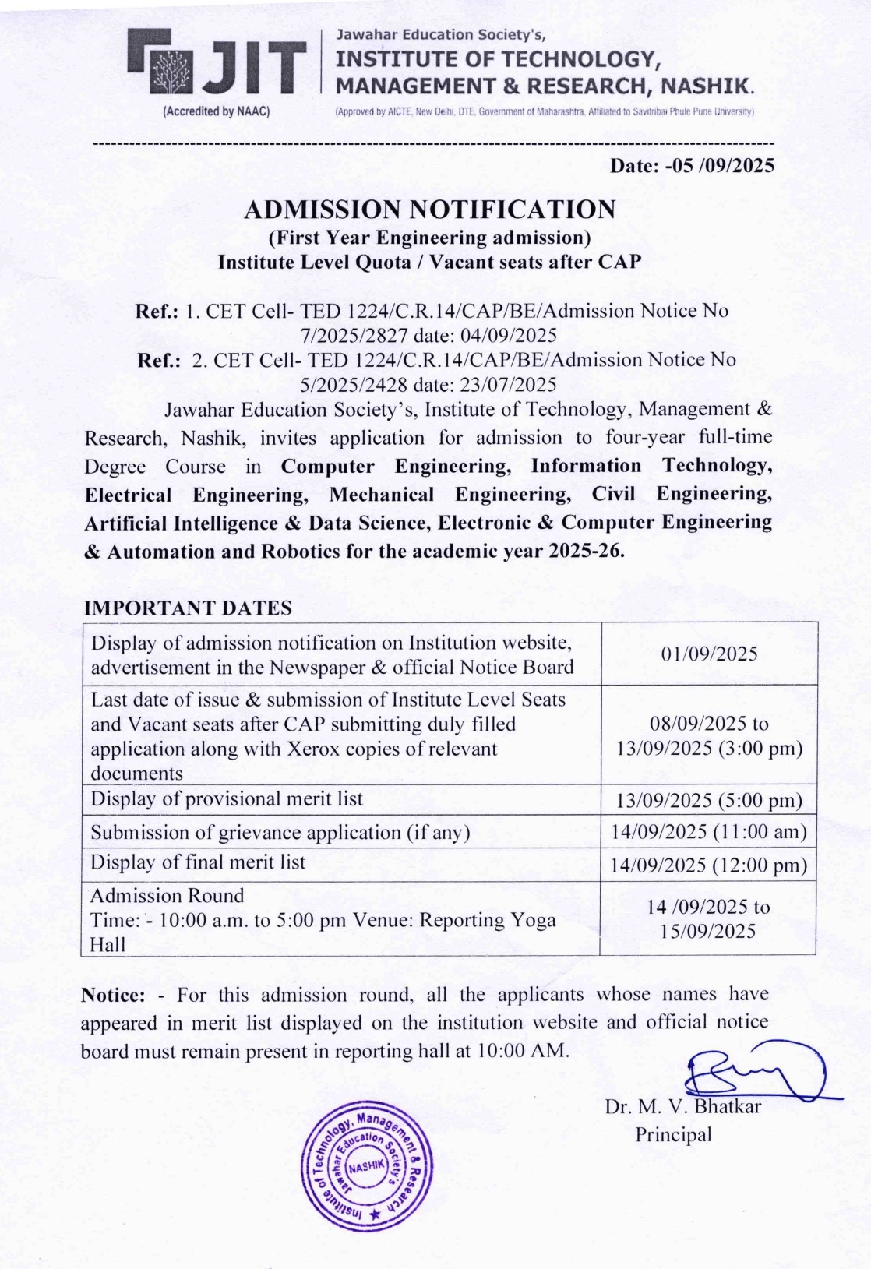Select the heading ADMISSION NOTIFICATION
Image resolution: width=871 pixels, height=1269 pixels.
tap(429, 210)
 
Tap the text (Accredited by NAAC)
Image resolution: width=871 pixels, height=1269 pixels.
tap(216, 111)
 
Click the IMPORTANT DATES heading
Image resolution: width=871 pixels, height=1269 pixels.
tap(188, 608)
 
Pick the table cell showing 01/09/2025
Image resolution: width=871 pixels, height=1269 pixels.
tap(709, 654)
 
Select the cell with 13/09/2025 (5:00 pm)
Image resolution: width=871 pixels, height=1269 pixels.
tap(709, 801)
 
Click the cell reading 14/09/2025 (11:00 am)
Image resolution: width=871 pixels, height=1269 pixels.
tap(709, 832)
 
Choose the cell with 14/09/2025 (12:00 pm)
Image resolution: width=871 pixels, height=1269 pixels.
tap(709, 865)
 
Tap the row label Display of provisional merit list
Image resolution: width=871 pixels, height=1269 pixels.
tap(227, 799)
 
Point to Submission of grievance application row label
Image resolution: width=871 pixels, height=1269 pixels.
tap(280, 832)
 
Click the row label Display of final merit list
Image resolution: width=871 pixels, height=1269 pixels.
tap(198, 862)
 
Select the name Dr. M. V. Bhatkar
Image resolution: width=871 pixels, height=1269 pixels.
tap(682, 1106)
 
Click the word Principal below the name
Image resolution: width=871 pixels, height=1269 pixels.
tap(673, 1134)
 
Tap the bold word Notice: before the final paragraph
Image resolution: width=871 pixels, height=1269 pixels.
tap(113, 995)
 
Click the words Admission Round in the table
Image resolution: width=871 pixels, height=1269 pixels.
tap(167, 895)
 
